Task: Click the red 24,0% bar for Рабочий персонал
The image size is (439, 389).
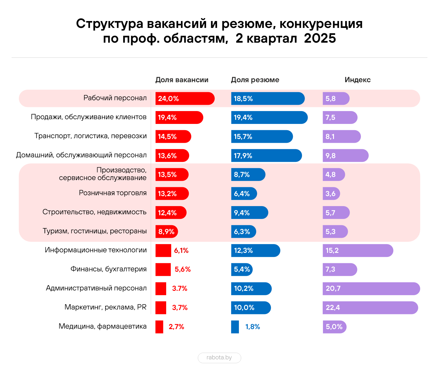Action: tap(185, 99)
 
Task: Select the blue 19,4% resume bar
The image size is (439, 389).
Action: tap(269, 118)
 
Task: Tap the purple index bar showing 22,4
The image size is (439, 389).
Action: tap(370, 308)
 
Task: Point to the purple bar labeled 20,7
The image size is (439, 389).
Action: tap(371, 289)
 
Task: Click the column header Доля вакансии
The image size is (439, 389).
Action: tap(182, 80)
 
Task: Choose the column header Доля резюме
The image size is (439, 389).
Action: tap(255, 80)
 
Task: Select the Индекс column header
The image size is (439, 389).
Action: tap(357, 80)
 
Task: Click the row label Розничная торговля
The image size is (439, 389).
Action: tap(113, 193)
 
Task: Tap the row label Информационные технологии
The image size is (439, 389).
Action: tap(96, 250)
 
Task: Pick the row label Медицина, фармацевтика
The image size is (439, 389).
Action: tap(103, 326)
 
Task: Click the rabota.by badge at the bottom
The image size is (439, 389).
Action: tap(219, 358)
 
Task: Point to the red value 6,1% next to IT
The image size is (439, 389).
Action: tap(181, 251)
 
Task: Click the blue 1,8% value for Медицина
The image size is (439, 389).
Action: tap(252, 327)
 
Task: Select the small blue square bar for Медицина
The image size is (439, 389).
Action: tap(235, 327)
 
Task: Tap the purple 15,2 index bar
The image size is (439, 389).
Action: tap(358, 251)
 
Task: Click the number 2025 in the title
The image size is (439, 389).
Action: tap(320, 38)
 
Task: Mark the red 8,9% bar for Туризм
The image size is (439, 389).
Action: tap(167, 232)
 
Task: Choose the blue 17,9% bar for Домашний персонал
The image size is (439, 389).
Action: tap(267, 156)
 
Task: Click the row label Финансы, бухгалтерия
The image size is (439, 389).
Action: tap(108, 269)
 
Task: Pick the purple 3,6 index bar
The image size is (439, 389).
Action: tap(331, 194)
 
